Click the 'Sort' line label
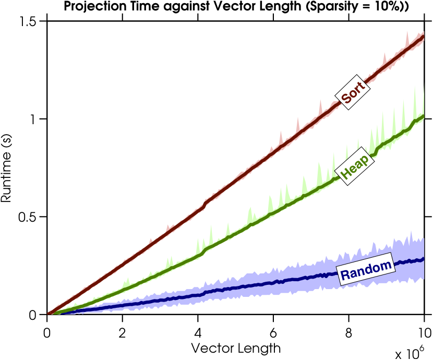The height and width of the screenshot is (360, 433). [352, 93]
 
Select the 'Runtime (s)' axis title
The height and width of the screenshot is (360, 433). [7, 167]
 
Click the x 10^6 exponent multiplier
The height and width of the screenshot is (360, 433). [412, 353]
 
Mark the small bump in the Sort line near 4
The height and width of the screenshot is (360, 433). [205, 204]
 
